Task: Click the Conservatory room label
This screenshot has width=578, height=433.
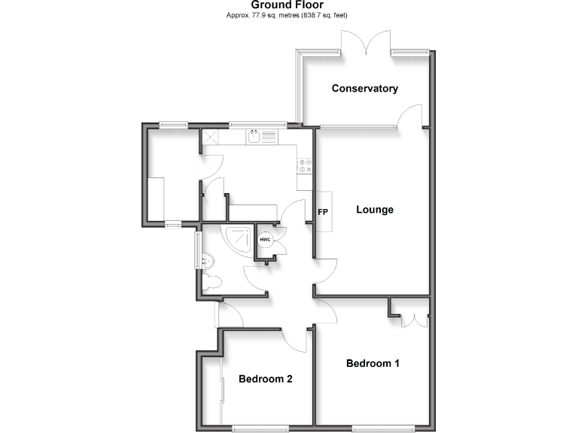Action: point(365,89)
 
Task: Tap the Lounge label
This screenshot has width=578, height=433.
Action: point(375,210)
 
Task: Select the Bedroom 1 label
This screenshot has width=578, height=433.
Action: point(373,364)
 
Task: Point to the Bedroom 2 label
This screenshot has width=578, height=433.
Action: point(265,379)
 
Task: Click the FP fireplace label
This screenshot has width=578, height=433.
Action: point(323,212)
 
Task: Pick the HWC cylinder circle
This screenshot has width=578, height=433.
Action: point(265,240)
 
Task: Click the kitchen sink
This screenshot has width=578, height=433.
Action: point(255,137)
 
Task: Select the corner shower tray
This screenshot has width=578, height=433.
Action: point(239,239)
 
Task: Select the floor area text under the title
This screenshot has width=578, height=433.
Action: point(287,15)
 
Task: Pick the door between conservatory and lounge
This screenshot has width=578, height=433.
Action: point(412,115)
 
